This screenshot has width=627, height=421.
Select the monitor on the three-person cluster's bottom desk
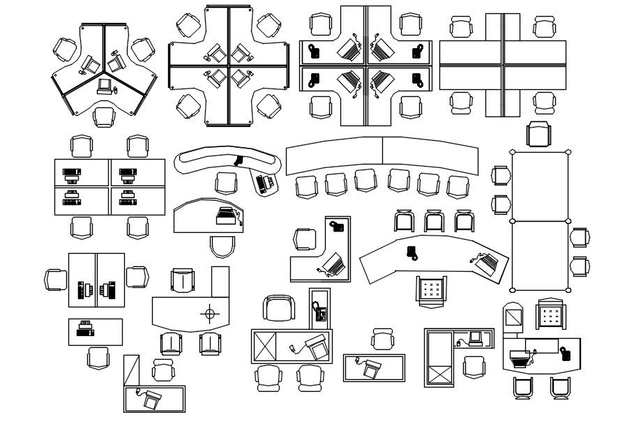pos(105,86)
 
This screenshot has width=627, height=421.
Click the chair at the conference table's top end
pos(539,133)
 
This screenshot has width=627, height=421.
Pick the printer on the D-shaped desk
pos(226,216)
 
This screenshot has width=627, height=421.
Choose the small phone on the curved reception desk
pos(412,250)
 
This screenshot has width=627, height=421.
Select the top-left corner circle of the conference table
pos(513,152)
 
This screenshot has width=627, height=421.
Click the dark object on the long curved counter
pos(239,160)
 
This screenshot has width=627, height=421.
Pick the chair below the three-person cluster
pos(105,116)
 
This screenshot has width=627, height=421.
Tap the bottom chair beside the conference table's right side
pos(579,266)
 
